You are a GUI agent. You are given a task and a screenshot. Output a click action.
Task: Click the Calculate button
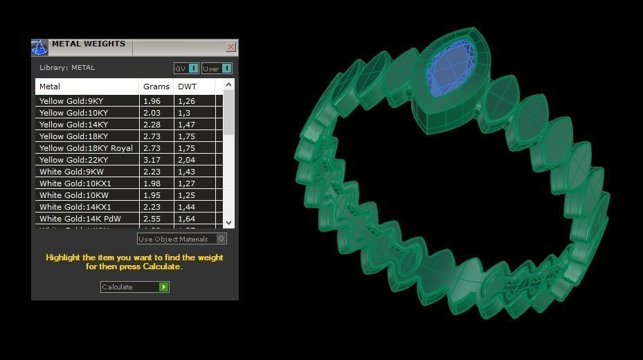point(135,287)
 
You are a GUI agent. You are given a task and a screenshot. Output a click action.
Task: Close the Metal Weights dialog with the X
point(230,47)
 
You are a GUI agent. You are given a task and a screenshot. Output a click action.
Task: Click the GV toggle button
point(186,69)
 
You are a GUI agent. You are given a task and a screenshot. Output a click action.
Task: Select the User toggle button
point(217,69)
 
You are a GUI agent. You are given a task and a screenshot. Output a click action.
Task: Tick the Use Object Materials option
point(221,239)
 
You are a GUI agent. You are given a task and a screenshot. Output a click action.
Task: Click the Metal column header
point(50,87)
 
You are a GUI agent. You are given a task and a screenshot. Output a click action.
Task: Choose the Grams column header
point(156,87)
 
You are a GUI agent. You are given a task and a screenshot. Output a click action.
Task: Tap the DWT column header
point(187,87)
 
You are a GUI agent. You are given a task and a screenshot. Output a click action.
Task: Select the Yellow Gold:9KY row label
point(71,101)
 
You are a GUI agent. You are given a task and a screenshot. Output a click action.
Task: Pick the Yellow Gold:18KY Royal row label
point(86,148)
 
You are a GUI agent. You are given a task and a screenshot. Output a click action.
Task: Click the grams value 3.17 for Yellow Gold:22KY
point(152,160)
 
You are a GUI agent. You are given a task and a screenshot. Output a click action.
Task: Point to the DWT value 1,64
point(186,219)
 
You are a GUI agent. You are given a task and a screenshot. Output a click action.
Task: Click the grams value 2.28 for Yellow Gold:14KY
point(152,125)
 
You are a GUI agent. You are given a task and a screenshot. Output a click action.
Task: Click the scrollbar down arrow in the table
point(229,222)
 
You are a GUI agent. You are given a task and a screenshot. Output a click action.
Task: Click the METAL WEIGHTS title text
point(89,44)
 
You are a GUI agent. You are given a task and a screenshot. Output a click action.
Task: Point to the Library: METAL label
point(67,68)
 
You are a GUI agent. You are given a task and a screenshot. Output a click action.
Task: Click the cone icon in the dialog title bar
point(39,47)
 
